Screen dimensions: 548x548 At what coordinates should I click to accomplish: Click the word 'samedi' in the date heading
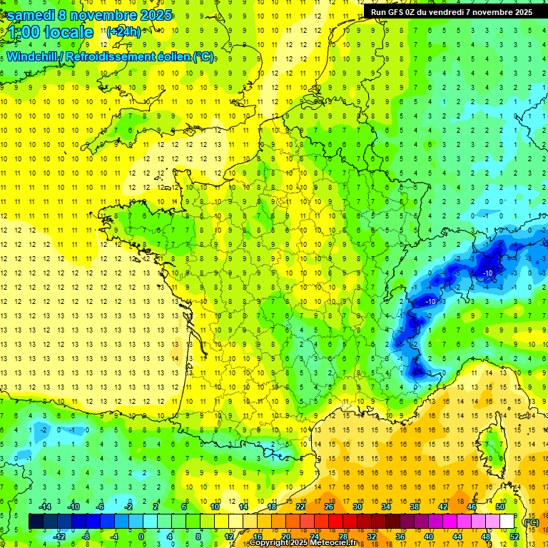tap(30, 15)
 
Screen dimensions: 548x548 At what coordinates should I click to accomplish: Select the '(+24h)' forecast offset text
tap(123, 31)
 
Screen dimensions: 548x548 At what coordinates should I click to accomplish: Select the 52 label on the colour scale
tap(514, 537)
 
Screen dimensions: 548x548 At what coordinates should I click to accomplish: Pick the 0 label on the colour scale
tap(141, 537)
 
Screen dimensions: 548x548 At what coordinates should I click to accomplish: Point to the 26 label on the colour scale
tap(329, 507)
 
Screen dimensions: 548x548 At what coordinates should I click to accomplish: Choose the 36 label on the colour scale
tap(400, 537)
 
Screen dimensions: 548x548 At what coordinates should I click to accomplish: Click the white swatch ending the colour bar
tap(507, 522)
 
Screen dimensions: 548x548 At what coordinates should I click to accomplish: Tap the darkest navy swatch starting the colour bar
tap(36, 522)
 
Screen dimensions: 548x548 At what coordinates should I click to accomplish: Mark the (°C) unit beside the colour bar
tap(531, 522)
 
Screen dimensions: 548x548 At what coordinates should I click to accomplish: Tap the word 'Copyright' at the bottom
tap(268, 543)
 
